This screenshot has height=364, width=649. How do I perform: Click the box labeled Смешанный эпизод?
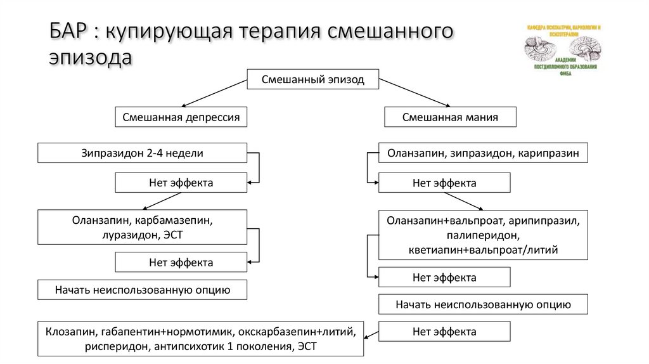click(x=313, y=81)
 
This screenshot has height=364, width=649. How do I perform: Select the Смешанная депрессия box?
click(x=181, y=117)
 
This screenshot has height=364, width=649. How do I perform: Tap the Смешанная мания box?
click(x=450, y=117)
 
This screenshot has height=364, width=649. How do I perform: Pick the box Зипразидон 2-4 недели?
click(x=142, y=153)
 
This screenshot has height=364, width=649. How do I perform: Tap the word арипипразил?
click(x=543, y=222)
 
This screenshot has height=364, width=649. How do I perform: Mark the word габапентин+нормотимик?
click(x=167, y=331)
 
